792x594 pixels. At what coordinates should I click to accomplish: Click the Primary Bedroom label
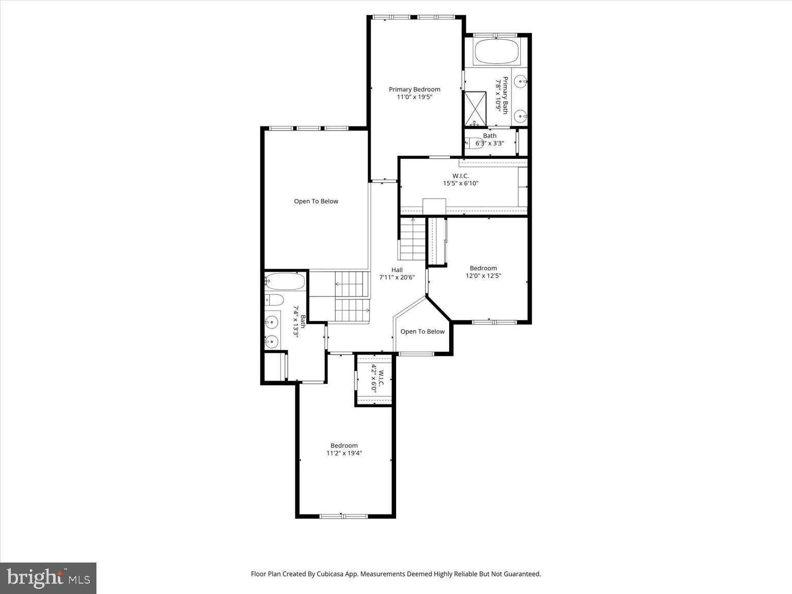tap(415, 89)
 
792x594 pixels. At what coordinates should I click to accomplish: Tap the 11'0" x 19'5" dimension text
tap(415, 97)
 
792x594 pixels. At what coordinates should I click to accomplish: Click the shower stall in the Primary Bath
tap(475, 108)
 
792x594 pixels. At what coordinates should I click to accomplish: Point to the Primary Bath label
tap(505, 95)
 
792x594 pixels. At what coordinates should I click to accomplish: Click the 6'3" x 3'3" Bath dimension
tap(489, 143)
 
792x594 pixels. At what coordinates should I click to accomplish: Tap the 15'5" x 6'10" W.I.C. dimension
tap(460, 183)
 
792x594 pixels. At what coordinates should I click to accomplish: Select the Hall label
tap(397, 270)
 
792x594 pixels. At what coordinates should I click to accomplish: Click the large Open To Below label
tap(316, 201)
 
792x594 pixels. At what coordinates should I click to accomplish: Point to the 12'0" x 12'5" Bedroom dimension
tap(483, 276)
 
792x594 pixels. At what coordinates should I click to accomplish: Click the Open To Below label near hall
tap(422, 332)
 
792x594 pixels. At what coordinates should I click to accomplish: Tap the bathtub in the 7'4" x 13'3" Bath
tap(285, 282)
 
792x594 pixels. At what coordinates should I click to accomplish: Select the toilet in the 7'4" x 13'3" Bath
tap(274, 300)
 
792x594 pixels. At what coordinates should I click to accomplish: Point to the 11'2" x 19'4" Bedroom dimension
tap(344, 453)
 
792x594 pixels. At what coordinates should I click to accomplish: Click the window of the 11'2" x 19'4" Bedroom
tap(343, 516)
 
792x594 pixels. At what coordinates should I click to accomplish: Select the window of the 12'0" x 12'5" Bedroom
tap(494, 322)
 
